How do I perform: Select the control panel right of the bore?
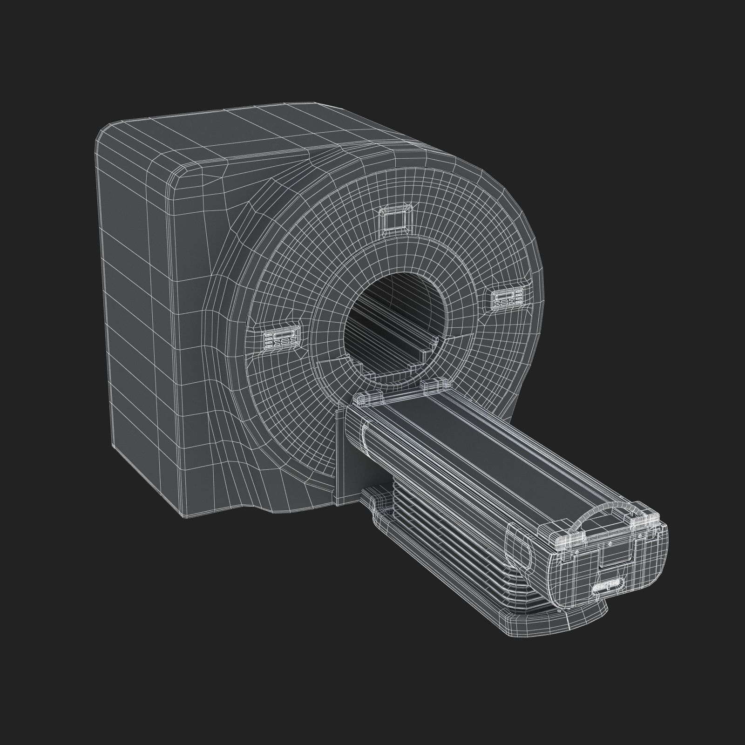[x=508, y=297]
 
